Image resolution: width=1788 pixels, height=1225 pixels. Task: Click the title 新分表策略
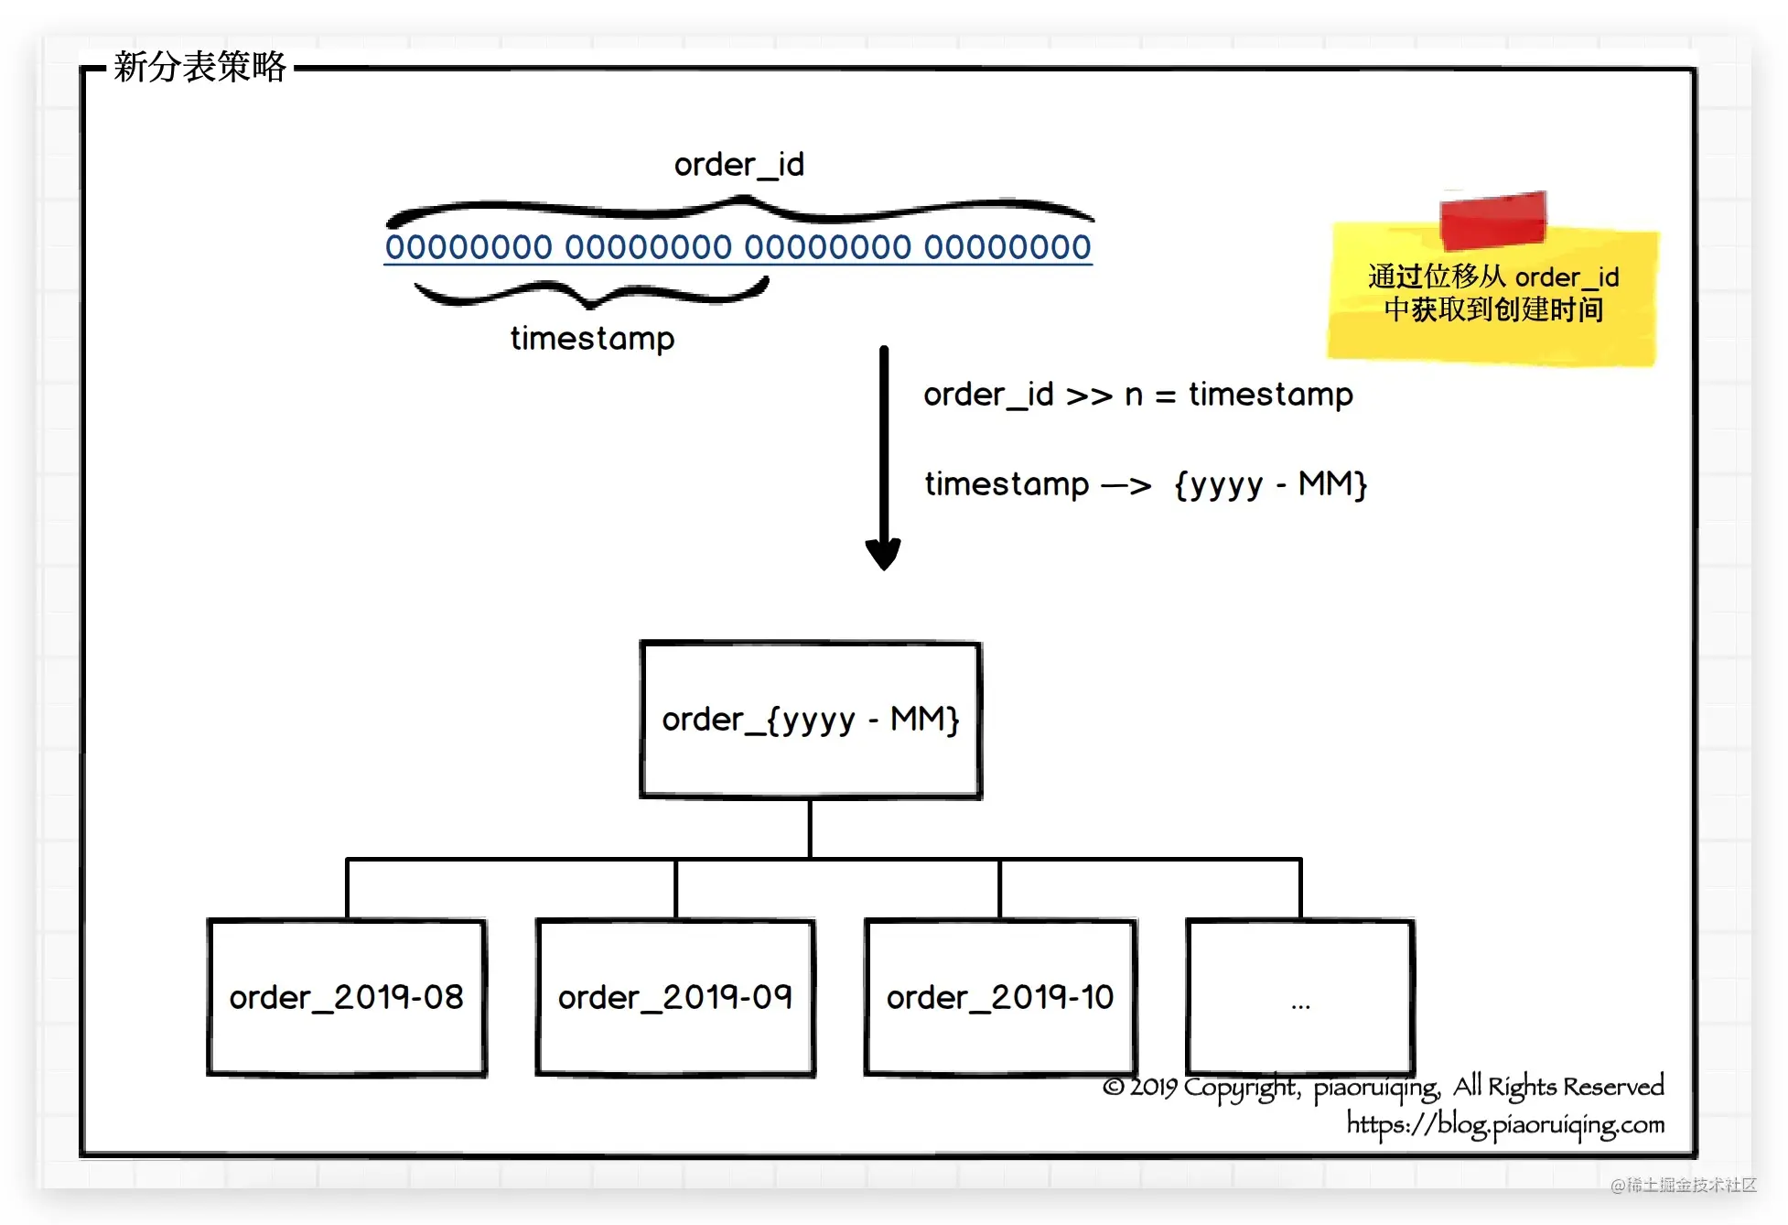pyautogui.click(x=199, y=67)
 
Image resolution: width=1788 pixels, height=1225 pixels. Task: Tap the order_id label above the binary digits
pyautogui.click(x=738, y=165)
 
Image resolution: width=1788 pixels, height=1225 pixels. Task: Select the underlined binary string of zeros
pyautogui.click(x=738, y=247)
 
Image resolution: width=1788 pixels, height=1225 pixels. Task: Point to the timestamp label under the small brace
pyautogui.click(x=592, y=339)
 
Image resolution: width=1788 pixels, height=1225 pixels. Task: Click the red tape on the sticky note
pyautogui.click(x=1492, y=220)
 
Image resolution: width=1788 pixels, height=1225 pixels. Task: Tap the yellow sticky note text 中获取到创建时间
pyautogui.click(x=1493, y=309)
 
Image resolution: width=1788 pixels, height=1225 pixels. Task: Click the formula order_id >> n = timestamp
pyautogui.click(x=1137, y=395)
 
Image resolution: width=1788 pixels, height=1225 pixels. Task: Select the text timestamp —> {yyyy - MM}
pyautogui.click(x=1146, y=483)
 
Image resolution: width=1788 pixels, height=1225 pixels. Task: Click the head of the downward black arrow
pyautogui.click(x=883, y=554)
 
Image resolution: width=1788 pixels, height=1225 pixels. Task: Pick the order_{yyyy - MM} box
pyautogui.click(x=811, y=720)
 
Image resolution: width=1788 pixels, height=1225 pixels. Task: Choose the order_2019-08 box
pyautogui.click(x=347, y=997)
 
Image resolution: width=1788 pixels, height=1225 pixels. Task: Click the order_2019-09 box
pyautogui.click(x=675, y=997)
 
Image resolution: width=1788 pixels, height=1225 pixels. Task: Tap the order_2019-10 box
pyautogui.click(x=1000, y=997)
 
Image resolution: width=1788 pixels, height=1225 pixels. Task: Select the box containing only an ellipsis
pyautogui.click(x=1300, y=997)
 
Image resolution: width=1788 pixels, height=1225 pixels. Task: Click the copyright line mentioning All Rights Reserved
pyautogui.click(x=1383, y=1087)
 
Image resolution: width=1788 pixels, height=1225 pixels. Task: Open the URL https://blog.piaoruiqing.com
pyautogui.click(x=1505, y=1124)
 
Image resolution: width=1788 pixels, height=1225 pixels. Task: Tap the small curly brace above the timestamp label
pyautogui.click(x=591, y=293)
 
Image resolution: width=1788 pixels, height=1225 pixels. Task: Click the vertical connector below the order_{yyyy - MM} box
pyautogui.click(x=810, y=829)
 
